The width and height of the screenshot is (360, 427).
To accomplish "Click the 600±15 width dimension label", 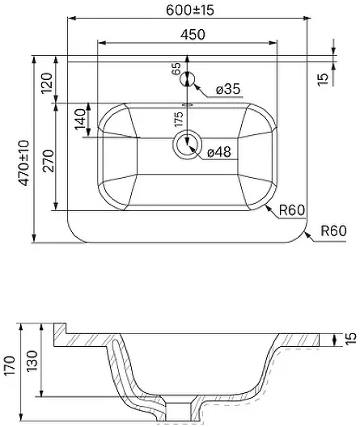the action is point(190,10).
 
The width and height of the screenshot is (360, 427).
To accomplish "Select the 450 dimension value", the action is point(193,35).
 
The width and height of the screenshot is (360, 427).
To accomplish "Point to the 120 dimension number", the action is point(46,83).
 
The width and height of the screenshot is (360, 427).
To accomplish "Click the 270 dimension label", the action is point(49,161).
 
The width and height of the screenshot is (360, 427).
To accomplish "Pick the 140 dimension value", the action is point(80,119).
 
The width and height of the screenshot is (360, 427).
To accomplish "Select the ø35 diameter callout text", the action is point(228,89).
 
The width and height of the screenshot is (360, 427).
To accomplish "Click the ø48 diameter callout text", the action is point(219,152).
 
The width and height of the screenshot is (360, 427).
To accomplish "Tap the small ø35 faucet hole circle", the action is point(187,79).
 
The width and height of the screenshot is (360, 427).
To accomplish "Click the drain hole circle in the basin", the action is point(187,144).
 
